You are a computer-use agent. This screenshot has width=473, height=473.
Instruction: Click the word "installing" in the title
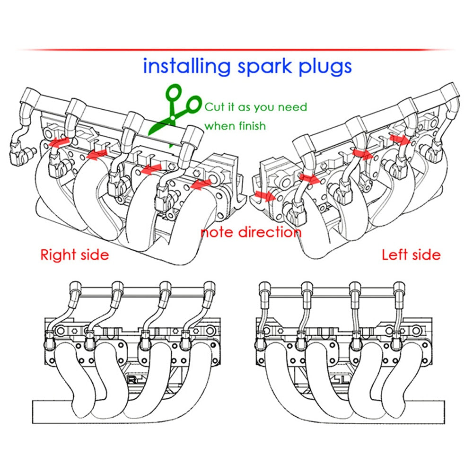(187, 66)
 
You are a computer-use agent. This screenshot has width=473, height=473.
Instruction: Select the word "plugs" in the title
(325, 67)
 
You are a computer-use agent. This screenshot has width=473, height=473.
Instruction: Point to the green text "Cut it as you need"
(256, 107)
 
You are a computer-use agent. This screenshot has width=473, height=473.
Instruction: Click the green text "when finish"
(235, 126)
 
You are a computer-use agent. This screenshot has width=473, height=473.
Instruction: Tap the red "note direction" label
(251, 232)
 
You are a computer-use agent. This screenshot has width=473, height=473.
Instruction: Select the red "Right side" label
(75, 255)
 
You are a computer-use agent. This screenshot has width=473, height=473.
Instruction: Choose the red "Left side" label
(411, 255)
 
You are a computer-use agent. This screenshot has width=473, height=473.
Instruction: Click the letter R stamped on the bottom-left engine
(131, 380)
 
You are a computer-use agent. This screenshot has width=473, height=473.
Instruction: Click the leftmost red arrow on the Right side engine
(59, 142)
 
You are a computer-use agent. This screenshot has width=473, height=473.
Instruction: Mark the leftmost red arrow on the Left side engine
(265, 196)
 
